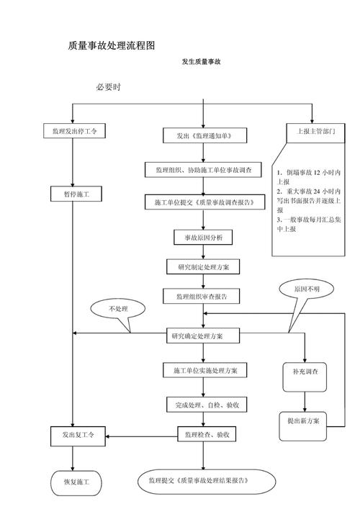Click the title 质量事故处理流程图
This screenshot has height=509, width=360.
pyautogui.click(x=112, y=45)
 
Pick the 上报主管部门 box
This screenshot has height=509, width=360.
pyautogui.click(x=311, y=132)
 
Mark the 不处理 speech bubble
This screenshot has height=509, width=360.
pyautogui.click(x=117, y=309)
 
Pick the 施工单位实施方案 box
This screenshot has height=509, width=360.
pyautogui.click(x=204, y=370)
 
